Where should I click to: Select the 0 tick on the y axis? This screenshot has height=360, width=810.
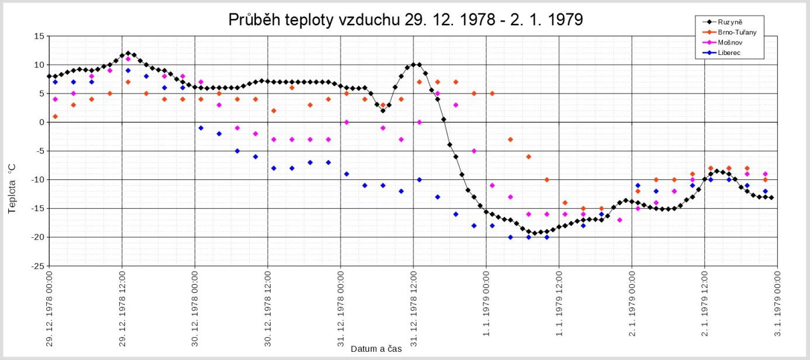click(x=41, y=122)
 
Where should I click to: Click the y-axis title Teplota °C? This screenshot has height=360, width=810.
click(x=12, y=188)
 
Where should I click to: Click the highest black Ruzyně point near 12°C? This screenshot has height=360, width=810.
click(x=128, y=53)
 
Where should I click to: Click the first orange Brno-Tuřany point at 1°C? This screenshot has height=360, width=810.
click(x=55, y=116)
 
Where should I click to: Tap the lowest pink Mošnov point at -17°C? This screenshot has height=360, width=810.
click(x=619, y=220)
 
